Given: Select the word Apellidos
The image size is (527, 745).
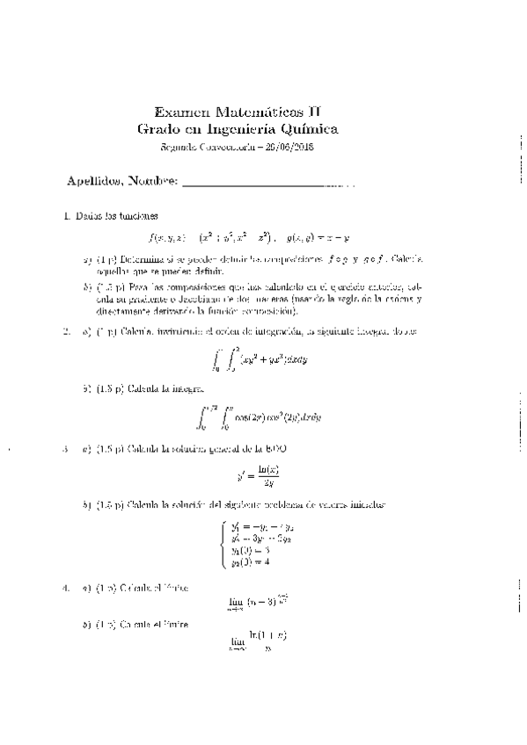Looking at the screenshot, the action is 94,182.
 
